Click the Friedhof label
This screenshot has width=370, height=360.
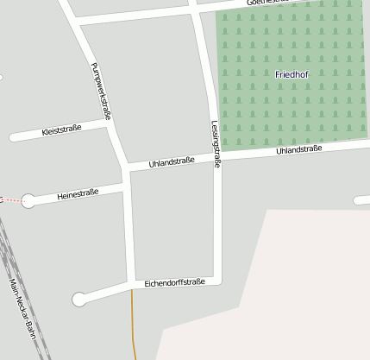[x=292, y=74]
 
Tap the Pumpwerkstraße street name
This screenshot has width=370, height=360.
[x=101, y=92]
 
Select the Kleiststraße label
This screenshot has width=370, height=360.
[x=61, y=130]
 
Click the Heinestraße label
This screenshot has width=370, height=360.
[x=78, y=194]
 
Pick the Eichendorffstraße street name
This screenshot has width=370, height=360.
[x=174, y=282]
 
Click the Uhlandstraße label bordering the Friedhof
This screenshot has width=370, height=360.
[x=298, y=150]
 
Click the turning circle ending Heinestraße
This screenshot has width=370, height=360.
[x=28, y=201]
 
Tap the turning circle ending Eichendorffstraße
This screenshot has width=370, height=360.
[x=79, y=300]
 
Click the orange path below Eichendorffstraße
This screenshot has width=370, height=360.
[x=134, y=324]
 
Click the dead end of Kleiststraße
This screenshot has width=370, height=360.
[x=12, y=136]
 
